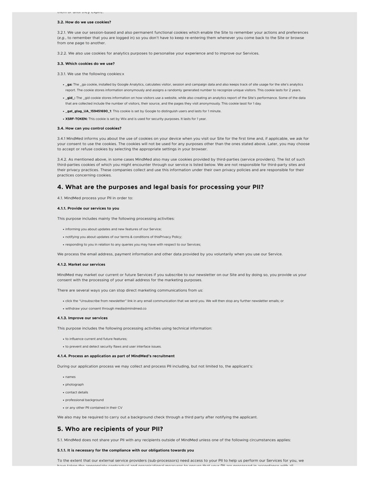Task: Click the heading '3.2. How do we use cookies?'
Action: [x=84, y=22]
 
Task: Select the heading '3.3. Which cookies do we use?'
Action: [x=86, y=64]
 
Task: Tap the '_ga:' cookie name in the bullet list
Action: [x=69, y=85]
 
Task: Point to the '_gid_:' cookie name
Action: [x=71, y=98]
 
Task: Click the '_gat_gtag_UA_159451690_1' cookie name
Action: [x=88, y=111]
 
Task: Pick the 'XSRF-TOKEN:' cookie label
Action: [x=76, y=119]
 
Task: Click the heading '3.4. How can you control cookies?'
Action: [x=89, y=129]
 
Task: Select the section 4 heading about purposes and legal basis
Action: [x=161, y=187]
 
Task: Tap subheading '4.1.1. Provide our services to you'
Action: [x=88, y=209]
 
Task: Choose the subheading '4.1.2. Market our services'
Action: [x=81, y=265]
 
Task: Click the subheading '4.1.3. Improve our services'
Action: [x=82, y=318]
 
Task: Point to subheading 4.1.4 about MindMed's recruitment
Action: [x=116, y=356]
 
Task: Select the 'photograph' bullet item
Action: [x=75, y=385]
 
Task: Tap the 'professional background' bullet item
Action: [x=85, y=400]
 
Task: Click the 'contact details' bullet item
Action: [x=77, y=392]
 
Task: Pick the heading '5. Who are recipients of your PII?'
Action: [x=110, y=429]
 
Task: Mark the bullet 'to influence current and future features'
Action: [x=96, y=339]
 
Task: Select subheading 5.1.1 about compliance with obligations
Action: [x=125, y=450]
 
